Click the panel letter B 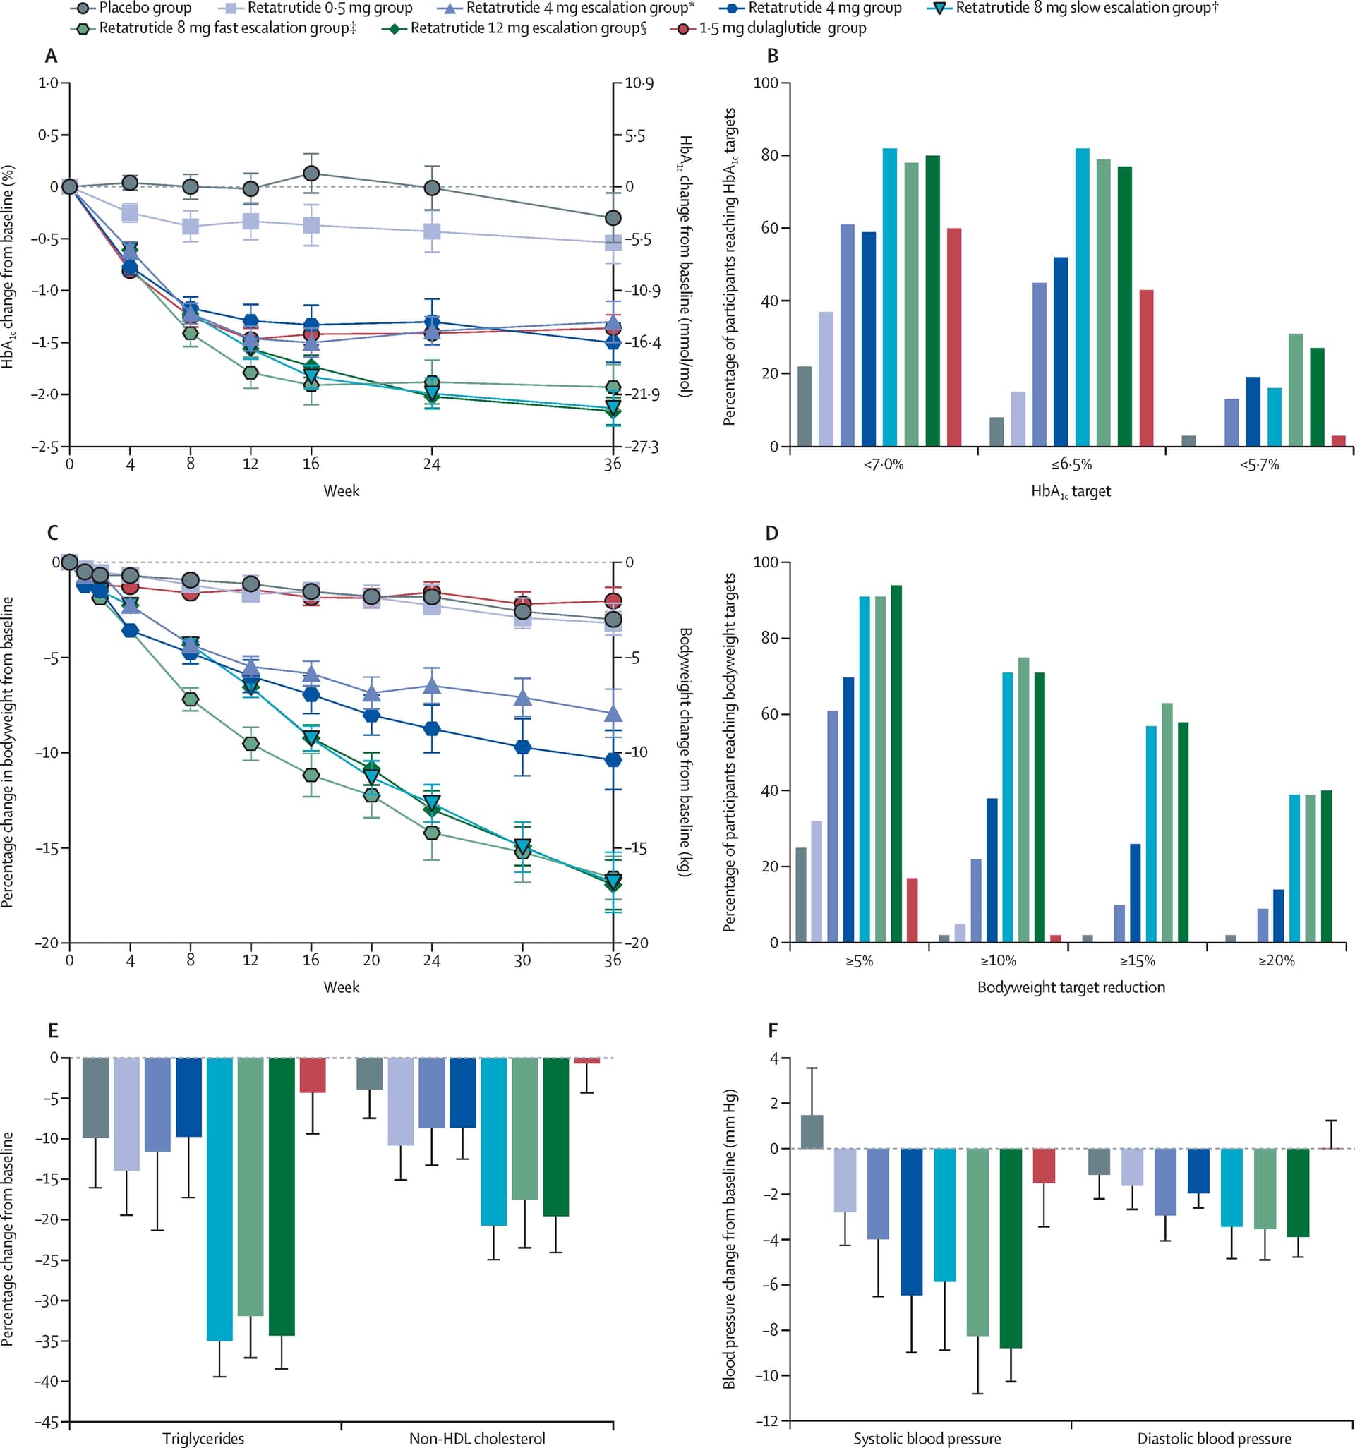pos(773,56)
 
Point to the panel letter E pos(52,1031)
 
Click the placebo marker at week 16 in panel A pos(311,174)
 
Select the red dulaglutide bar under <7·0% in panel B pos(954,337)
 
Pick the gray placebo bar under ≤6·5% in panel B pos(996,431)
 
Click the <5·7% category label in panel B pos(1259,465)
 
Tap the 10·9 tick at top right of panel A pos(639,84)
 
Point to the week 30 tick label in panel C pos(522,960)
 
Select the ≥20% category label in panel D pos(1277,960)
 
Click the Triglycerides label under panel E pos(203,1439)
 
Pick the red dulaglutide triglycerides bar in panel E pos(313,1075)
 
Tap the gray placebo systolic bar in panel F pos(812,1131)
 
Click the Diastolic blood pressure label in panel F pos(1215,1439)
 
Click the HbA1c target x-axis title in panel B pos(1071,492)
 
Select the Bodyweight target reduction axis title pos(1071,988)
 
